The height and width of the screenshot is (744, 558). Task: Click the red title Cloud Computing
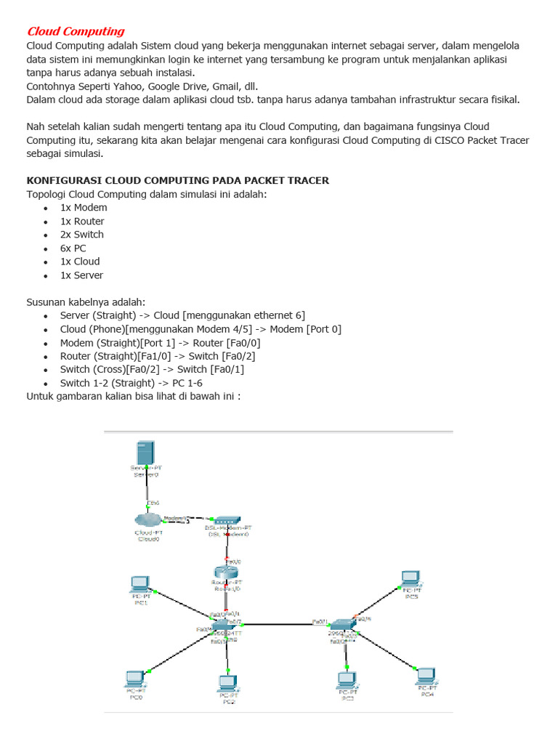click(x=76, y=31)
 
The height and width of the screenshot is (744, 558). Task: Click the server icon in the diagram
click(x=147, y=455)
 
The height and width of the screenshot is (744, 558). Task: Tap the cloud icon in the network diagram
click(x=147, y=519)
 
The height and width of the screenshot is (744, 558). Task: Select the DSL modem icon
click(x=227, y=521)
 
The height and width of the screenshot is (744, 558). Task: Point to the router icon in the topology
click(x=226, y=571)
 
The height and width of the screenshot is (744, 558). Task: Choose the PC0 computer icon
click(x=135, y=678)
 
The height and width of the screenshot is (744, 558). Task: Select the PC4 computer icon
click(x=426, y=675)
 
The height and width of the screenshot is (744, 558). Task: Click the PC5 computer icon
click(x=411, y=578)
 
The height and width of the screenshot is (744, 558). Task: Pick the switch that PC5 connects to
click(x=341, y=623)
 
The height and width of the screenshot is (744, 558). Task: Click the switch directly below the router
click(x=226, y=625)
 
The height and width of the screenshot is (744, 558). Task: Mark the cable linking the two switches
click(x=283, y=623)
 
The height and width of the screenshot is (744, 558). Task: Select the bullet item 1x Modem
click(x=84, y=208)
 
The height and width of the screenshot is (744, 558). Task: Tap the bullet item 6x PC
click(x=73, y=248)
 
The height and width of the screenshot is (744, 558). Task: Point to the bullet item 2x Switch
click(x=81, y=235)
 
